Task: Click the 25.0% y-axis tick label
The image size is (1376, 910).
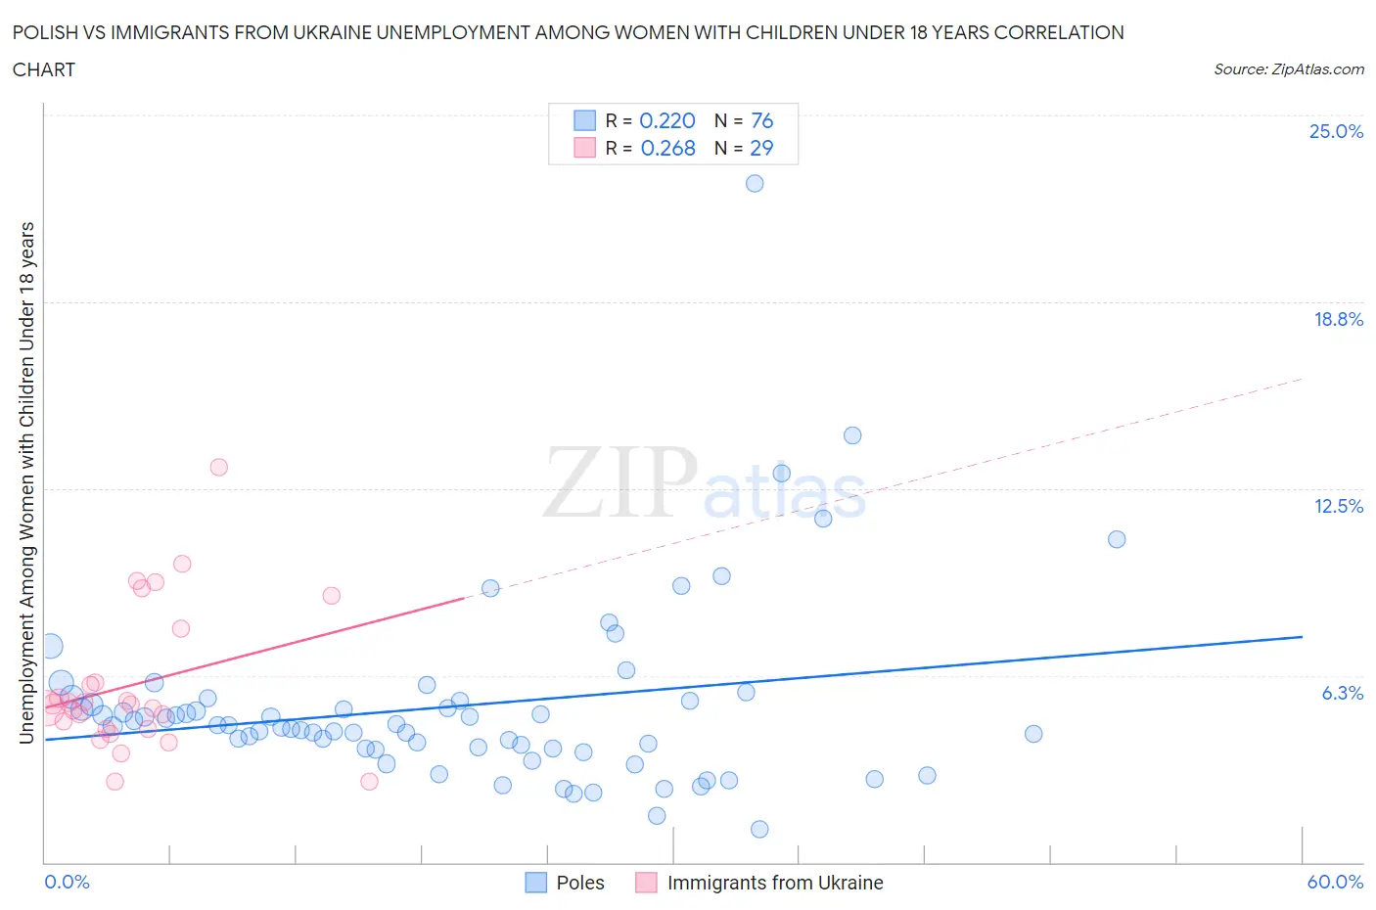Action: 1336,131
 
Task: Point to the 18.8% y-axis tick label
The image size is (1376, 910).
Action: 1338,319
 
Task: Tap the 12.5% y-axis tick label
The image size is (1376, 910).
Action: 1338,506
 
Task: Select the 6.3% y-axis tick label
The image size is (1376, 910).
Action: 1342,693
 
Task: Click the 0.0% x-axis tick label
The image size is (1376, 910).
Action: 67,882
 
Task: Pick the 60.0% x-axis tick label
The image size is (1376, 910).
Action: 1335,882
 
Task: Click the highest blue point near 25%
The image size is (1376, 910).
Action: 755,183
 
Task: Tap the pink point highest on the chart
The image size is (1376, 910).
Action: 219,467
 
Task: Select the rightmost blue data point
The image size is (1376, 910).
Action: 1117,539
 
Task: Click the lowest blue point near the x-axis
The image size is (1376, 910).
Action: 759,829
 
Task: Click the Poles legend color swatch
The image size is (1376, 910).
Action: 536,883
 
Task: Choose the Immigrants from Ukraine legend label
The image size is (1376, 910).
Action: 775,883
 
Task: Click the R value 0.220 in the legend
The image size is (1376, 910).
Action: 667,120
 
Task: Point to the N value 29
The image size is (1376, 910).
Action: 761,148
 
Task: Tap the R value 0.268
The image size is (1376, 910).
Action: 667,148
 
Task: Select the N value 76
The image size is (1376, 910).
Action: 761,120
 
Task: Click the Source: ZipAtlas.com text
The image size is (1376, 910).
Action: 1288,69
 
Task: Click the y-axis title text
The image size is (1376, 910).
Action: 27,482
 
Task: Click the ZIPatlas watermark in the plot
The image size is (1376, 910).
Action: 705,481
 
